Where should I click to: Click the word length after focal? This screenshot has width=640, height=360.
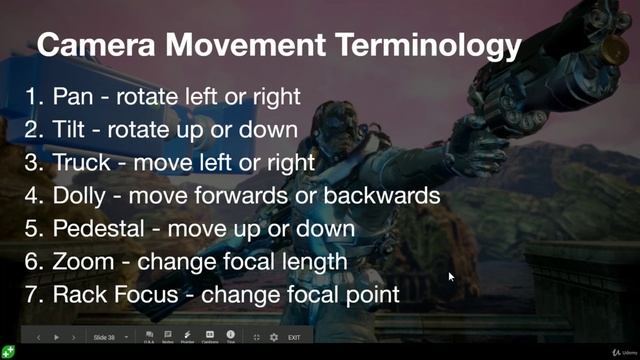pyautogui.click(x=311, y=260)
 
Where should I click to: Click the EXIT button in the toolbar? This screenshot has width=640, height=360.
pyautogui.click(x=294, y=337)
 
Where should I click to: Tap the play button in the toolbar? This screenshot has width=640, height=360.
pyautogui.click(x=56, y=337)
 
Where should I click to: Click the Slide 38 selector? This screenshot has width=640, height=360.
pyautogui.click(x=106, y=337)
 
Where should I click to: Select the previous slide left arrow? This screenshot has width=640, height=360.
pyautogui.click(x=38, y=337)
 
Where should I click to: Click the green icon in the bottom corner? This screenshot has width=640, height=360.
pyautogui.click(x=8, y=351)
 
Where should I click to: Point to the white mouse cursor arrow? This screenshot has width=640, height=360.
pyautogui.click(x=451, y=277)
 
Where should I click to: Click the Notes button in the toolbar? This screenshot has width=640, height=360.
pyautogui.click(x=168, y=336)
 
